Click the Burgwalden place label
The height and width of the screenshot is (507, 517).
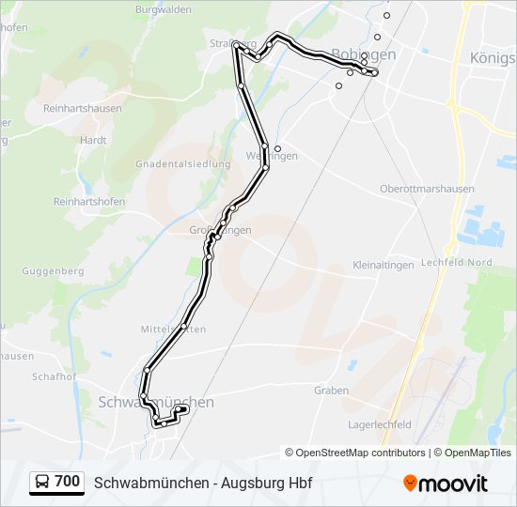click(164, 10)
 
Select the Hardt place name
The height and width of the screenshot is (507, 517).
click(93, 140)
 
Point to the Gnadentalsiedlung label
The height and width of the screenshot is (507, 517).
click(182, 163)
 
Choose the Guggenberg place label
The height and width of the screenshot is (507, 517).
click(52, 270)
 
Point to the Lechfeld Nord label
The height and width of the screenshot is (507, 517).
click(457, 262)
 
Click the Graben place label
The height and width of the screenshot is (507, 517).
click(331, 391)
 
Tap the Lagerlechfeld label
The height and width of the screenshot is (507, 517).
click(380, 424)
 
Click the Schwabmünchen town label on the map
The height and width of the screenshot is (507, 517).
click(156, 402)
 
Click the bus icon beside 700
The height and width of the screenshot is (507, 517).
click(43, 483)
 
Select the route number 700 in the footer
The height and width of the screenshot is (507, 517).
click(68, 482)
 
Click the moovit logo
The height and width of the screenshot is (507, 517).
click(446, 484)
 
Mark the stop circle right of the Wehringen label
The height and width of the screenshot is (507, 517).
click(277, 148)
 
